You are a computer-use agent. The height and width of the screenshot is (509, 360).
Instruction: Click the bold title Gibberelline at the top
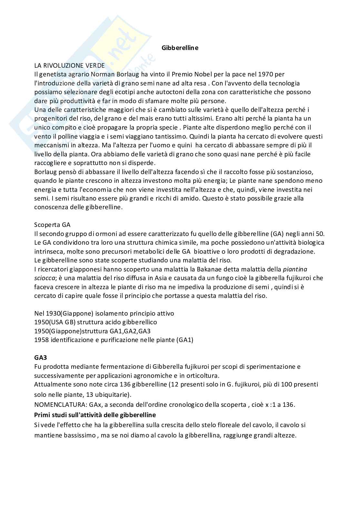[180, 48]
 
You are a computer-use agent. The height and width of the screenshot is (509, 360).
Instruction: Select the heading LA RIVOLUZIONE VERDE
[69, 65]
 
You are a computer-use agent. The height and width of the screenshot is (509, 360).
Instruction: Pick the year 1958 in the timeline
[41, 340]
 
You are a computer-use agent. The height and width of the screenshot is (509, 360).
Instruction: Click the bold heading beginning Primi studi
[95, 415]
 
